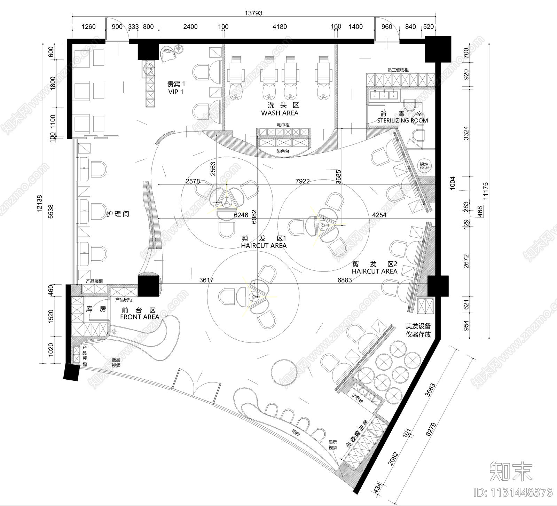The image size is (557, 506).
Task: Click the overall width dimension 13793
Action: coord(253,13)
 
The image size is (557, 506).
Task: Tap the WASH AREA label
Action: coord(280,113)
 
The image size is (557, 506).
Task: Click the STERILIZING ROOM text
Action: coord(402,120)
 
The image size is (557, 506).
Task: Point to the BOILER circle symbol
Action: coord(424,166)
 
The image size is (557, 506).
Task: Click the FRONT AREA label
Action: coord(139,317)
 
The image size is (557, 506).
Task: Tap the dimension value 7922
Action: coord(302,181)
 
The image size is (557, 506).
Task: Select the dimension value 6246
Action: coord(241,215)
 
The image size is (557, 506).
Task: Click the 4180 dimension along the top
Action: coord(280,27)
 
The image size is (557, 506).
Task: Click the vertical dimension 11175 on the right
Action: coord(486,191)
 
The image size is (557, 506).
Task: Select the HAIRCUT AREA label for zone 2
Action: coord(374,271)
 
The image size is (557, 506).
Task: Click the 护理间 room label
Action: coord(118,214)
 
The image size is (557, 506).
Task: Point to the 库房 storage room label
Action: coord(96,309)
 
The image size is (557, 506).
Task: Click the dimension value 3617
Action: coord(206,280)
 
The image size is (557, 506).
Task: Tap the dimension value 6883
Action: coord(344,280)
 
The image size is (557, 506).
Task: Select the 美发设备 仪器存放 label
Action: coord(418,330)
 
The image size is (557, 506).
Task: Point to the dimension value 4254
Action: coord(379,215)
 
